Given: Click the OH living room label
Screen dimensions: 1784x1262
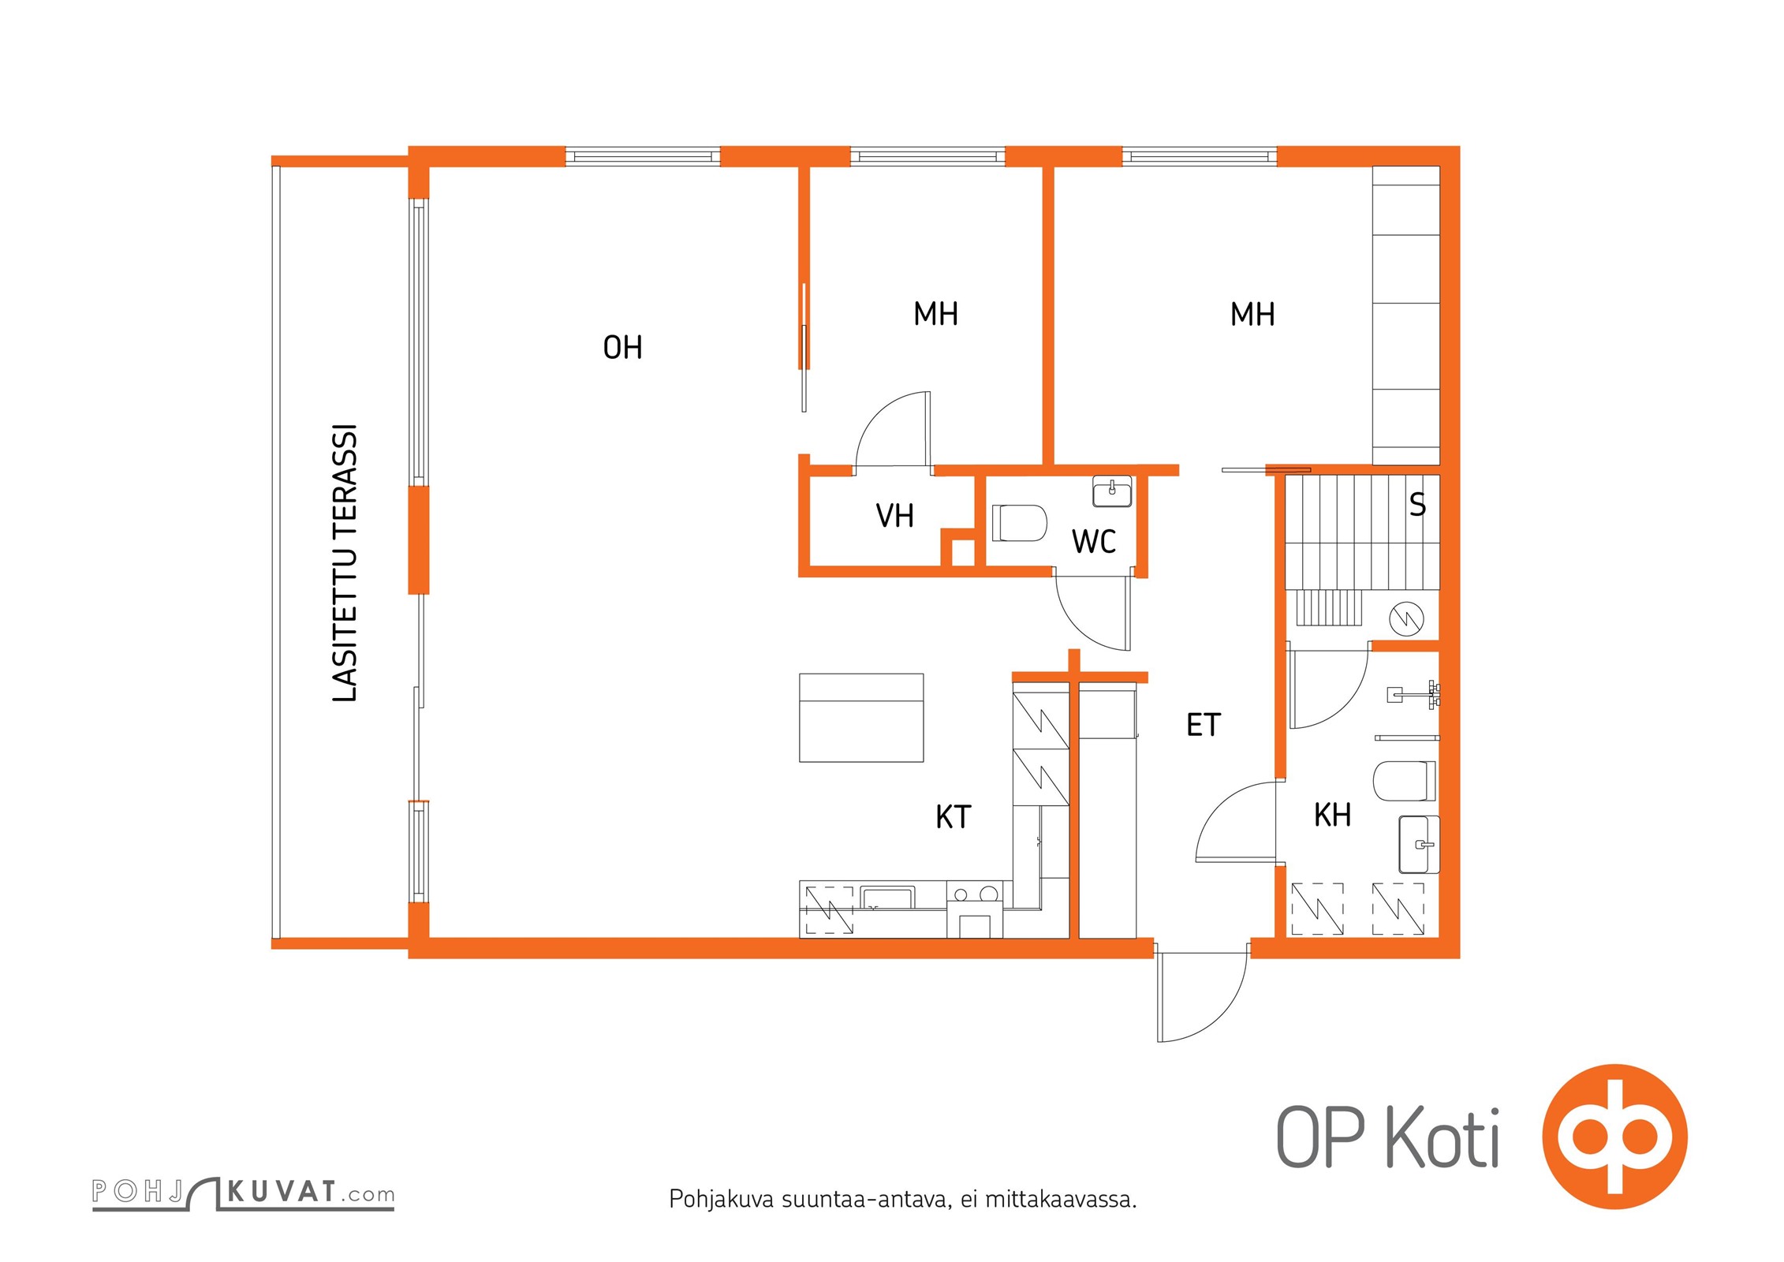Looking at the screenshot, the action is (622, 347).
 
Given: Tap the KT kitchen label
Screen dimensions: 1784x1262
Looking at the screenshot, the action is (953, 817).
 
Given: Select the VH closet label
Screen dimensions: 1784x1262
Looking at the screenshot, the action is (894, 516).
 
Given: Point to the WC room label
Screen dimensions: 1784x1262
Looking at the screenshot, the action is (1093, 542).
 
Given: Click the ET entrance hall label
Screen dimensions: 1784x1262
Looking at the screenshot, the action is (1203, 725).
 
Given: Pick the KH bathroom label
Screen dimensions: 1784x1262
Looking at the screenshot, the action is (1332, 815).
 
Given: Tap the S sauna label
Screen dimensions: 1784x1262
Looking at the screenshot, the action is (1417, 505).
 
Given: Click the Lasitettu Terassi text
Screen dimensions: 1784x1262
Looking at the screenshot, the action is (345, 562).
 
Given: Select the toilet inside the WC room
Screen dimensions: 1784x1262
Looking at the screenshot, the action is (1018, 523).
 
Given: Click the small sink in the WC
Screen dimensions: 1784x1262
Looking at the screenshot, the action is (1112, 491).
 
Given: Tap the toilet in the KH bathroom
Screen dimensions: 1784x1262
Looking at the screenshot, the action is (1405, 781).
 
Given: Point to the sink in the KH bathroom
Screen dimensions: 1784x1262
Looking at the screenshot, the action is (1419, 845).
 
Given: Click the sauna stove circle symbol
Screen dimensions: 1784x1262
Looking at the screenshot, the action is (1406, 618).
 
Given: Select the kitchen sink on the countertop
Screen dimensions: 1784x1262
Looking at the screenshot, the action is (888, 898).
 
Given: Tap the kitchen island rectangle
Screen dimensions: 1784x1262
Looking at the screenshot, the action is (861, 718).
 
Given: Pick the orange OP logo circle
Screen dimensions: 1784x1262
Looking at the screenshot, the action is (1614, 1137).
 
